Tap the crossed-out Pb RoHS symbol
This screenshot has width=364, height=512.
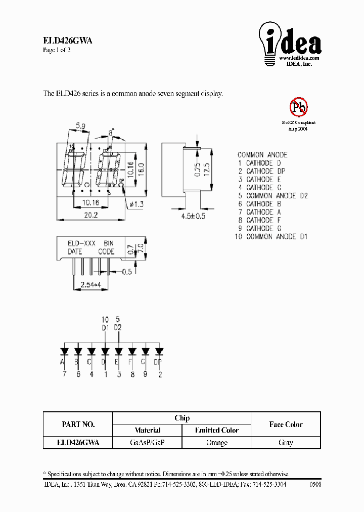[298, 107]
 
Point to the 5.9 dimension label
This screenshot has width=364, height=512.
[80, 125]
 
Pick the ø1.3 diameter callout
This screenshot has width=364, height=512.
[138, 204]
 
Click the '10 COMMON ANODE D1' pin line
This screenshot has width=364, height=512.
[271, 236]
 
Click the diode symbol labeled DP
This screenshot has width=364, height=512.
[159, 351]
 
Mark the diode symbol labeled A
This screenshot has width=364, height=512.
[65, 351]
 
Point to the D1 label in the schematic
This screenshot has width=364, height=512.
[105, 328]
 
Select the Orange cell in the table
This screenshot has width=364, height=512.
[216, 443]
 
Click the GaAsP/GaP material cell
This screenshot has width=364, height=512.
[147, 443]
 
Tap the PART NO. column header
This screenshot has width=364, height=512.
[78, 424]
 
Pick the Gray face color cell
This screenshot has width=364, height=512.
[286, 443]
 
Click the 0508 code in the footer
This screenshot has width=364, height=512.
[314, 484]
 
